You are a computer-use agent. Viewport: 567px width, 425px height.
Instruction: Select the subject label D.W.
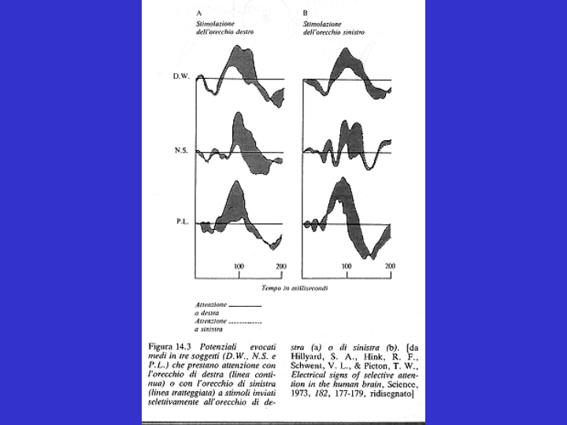click(x=181, y=78)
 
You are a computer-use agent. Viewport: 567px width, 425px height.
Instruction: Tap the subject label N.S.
click(x=181, y=150)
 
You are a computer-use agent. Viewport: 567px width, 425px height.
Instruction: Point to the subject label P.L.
click(x=181, y=222)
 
